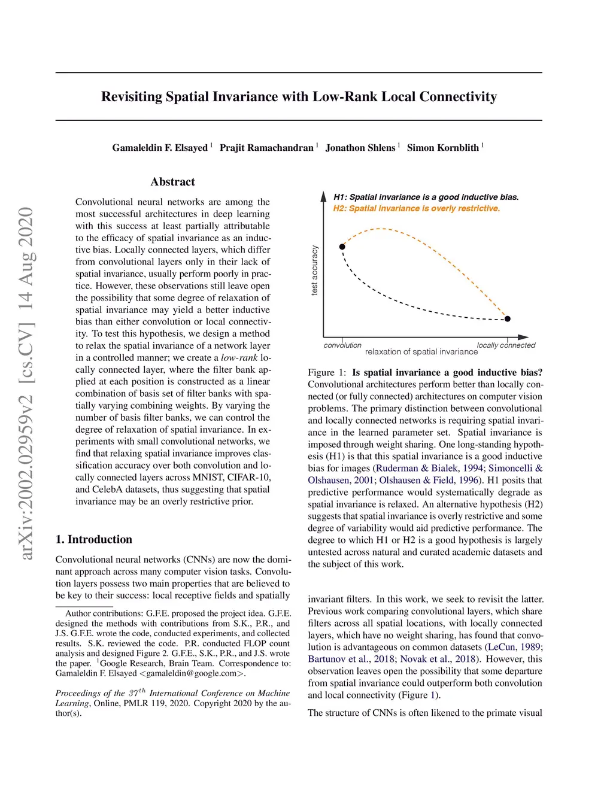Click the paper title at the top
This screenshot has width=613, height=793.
[x=299, y=97]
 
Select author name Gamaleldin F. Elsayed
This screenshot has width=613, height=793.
[x=160, y=148]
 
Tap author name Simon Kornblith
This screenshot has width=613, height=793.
[x=443, y=148]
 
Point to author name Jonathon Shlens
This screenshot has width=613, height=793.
[x=360, y=148]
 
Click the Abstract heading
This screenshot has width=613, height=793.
[x=173, y=182]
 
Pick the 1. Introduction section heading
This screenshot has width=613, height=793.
[x=94, y=539]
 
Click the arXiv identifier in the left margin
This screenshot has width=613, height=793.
[x=26, y=383]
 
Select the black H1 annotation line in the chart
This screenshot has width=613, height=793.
[x=426, y=197]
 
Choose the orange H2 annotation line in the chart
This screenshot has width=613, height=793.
[x=416, y=208]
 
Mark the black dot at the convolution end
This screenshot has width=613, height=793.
[x=342, y=247]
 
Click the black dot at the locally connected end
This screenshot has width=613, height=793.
[x=508, y=319]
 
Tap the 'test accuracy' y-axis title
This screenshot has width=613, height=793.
[x=315, y=271]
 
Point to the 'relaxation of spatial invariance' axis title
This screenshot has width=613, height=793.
[x=421, y=352]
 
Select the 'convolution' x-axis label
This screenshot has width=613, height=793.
[x=342, y=345]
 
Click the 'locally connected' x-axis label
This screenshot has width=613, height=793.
[x=506, y=345]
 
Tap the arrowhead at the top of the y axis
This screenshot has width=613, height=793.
[x=323, y=196]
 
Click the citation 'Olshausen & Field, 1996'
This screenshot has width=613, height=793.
[x=429, y=480]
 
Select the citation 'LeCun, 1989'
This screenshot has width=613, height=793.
[x=514, y=647]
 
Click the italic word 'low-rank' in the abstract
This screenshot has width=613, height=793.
[x=239, y=358]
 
